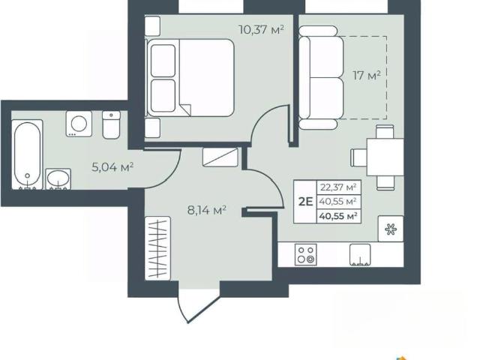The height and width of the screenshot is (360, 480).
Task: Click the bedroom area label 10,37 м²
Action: (x=261, y=30)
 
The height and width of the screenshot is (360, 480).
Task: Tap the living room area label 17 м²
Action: (x=367, y=75)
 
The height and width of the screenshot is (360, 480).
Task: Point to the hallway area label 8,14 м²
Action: (x=207, y=210)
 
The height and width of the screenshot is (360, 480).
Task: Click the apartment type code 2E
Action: (x=305, y=202)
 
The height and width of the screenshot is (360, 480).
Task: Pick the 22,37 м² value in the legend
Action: (x=338, y=187)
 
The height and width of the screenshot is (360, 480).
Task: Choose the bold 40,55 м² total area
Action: (x=338, y=216)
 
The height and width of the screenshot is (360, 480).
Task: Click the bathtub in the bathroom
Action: (x=27, y=154)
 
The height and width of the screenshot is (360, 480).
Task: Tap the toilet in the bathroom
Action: (x=111, y=125)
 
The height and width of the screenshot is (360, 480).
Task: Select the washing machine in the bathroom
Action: (x=79, y=124)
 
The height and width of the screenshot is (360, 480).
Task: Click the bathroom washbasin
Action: (x=58, y=179)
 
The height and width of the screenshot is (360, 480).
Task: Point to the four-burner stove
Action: (x=306, y=254)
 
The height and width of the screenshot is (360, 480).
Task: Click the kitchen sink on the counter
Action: (x=360, y=255)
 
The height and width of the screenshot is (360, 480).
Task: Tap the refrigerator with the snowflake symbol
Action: (x=391, y=229)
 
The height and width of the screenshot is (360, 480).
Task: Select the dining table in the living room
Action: (x=385, y=157)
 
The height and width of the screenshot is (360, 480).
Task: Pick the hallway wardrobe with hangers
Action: (x=157, y=248)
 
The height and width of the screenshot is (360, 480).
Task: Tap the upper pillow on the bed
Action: (x=163, y=61)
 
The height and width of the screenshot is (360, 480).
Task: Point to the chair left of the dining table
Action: (x=358, y=157)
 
